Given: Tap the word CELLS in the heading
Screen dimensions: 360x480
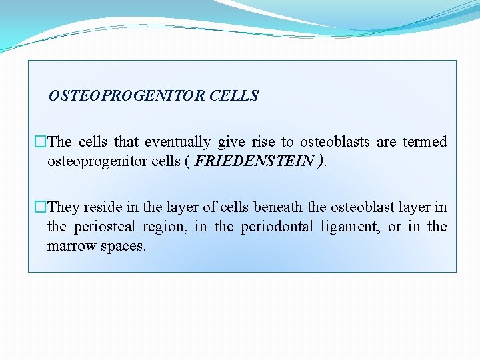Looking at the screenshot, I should tap(233, 96).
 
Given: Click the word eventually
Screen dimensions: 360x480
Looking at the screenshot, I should tap(177, 141).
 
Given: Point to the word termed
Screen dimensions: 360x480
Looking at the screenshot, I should tap(425, 141).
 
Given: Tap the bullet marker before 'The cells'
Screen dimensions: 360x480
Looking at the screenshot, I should tap(41, 141).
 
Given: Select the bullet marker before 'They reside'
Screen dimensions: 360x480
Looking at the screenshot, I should tap(41, 207).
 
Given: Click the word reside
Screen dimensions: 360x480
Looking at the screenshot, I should tap(103, 207).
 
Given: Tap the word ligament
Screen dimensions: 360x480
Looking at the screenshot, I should tap(350, 227).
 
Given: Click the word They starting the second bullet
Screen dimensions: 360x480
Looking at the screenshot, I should tap(64, 207).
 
